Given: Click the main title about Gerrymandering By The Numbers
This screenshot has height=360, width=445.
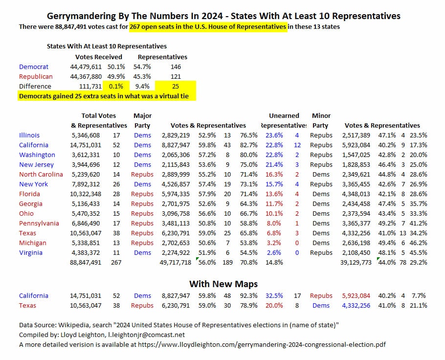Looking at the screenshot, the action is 223,16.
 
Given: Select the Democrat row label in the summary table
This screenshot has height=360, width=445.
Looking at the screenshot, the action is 33,67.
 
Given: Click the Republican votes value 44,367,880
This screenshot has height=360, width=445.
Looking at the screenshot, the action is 86,76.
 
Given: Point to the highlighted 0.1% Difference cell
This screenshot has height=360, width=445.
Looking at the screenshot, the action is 116,86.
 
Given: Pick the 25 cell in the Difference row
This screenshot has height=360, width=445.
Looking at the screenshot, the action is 176,86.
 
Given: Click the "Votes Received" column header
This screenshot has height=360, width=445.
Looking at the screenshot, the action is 98,57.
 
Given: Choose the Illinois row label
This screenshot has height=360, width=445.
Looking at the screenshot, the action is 29,135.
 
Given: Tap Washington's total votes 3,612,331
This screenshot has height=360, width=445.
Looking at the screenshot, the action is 86,155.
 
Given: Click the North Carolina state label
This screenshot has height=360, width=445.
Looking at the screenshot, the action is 41,174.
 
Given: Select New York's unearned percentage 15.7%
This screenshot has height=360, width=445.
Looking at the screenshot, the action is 274,184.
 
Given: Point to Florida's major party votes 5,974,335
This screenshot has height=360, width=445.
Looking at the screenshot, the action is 176,194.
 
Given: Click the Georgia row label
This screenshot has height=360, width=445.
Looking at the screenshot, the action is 31,203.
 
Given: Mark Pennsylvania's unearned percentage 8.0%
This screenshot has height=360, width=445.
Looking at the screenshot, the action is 274,223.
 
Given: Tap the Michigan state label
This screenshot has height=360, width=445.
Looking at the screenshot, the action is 33,243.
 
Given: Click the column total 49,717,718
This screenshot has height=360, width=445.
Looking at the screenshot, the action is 176,262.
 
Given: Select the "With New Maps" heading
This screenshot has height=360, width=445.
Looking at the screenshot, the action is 223,284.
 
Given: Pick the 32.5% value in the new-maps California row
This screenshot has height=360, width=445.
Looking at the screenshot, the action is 274,295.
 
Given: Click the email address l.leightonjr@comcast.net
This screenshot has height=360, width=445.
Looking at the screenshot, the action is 146,335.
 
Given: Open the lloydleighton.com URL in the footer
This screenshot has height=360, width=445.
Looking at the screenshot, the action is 262,345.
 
